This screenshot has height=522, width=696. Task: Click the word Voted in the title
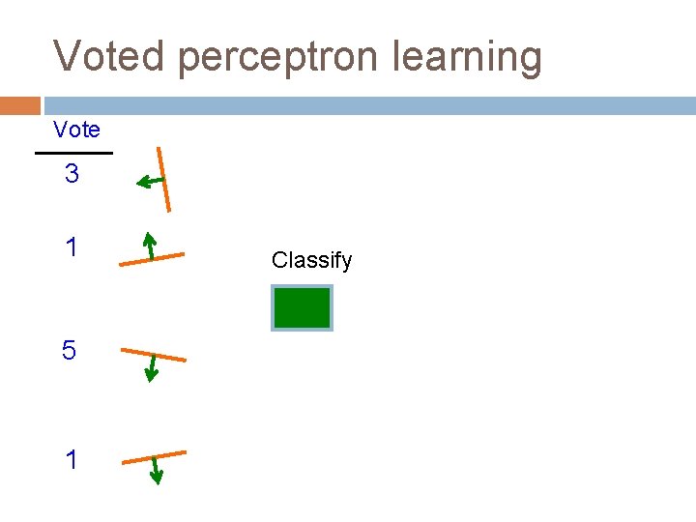tap(110, 56)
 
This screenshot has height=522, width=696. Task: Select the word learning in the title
tap(468, 58)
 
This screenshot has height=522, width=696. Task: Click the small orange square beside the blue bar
tap(19, 105)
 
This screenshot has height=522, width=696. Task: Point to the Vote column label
tap(76, 130)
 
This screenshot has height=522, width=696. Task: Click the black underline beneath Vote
tap(73, 153)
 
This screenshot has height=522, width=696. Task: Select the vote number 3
tap(72, 175)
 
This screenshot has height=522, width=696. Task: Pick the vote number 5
tap(69, 351)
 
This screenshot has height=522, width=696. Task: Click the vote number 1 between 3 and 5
tap(72, 248)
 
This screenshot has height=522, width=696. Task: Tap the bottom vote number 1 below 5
tap(72, 460)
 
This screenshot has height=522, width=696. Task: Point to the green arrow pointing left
tap(149, 181)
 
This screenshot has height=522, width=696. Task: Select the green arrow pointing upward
tap(149, 246)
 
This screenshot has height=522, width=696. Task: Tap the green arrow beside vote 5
tap(149, 368)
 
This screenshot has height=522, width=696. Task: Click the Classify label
tap(311, 260)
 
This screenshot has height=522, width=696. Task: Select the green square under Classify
tap(303, 308)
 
